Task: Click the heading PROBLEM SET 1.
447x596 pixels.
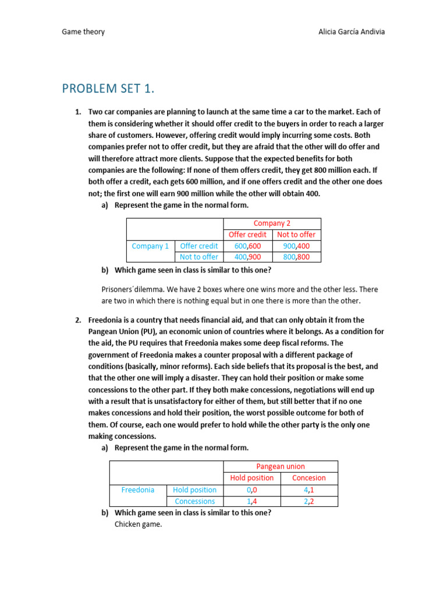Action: [x=109, y=88]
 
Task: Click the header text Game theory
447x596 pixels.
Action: [x=83, y=31]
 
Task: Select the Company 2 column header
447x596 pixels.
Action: [x=272, y=223]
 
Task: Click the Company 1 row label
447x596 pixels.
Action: [x=150, y=246]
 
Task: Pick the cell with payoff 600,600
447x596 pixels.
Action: [x=248, y=246]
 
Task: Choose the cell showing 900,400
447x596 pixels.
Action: [x=296, y=246]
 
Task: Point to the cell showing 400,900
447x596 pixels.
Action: [x=248, y=257]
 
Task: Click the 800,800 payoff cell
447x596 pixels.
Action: [x=296, y=257]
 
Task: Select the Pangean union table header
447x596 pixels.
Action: [x=281, y=466]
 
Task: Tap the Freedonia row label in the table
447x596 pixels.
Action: [x=137, y=489]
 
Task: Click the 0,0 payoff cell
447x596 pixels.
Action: [x=252, y=489]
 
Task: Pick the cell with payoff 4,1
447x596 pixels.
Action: [x=308, y=489]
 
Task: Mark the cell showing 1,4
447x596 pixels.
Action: [x=252, y=501]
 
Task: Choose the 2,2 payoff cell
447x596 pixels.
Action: [x=308, y=501]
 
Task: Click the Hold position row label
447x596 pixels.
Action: [x=194, y=489]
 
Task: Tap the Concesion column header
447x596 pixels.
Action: [x=308, y=478]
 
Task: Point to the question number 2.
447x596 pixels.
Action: [x=77, y=320]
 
